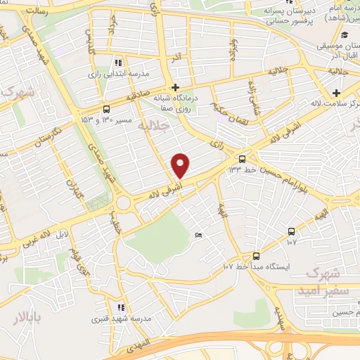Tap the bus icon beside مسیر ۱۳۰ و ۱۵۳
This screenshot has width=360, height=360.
106,109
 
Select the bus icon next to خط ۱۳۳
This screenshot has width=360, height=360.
242,159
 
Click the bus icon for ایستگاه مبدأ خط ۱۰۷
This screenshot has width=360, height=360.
255,257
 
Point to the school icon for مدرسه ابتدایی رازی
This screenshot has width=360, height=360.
119,63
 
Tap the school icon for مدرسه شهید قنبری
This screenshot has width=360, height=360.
120,307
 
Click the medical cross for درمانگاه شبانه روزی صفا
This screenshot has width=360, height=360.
174,88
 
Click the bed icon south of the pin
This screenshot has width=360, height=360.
199,234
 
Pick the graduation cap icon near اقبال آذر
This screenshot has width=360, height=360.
344,35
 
